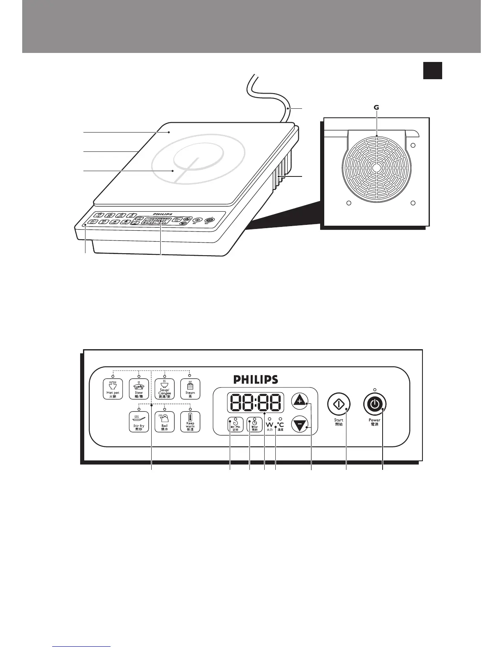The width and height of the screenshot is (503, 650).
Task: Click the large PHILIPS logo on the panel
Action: (256, 380)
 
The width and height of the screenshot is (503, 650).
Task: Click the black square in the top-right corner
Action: (432, 70)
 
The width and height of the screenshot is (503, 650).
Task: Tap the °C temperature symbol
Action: (280, 425)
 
